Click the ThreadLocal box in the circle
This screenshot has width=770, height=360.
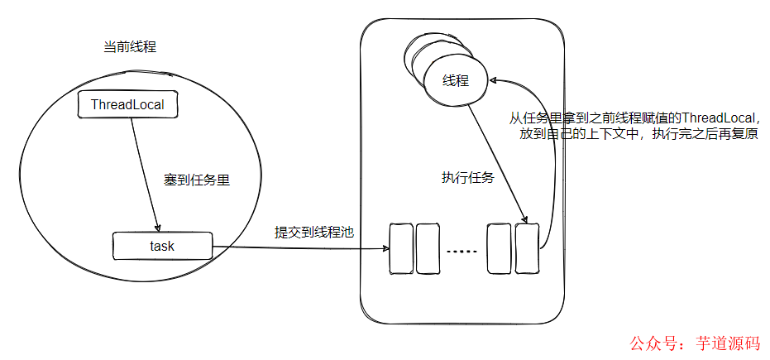[127, 104]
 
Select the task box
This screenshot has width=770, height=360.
[162, 246]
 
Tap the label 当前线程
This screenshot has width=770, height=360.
[124, 47]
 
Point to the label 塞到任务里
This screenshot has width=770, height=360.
[195, 180]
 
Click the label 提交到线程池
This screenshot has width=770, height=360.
[314, 233]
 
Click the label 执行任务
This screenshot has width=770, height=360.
[467, 178]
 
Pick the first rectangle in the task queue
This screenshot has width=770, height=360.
[401, 247]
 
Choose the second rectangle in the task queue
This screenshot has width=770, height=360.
[427, 247]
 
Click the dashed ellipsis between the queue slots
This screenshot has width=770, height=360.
[462, 250]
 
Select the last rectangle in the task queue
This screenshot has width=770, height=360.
[527, 247]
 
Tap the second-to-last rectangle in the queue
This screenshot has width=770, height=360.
[500, 247]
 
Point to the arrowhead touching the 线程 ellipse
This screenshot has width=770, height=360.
[495, 81]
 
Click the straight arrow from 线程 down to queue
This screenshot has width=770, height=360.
[496, 161]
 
